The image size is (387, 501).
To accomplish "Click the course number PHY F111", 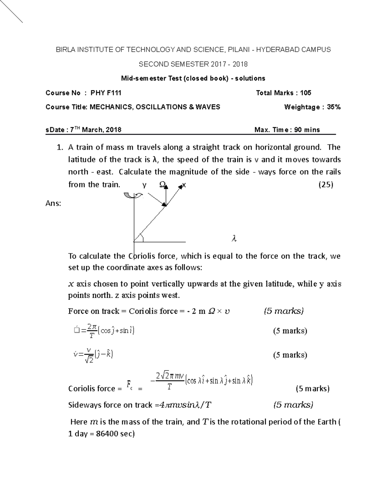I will pyautogui.click(x=106, y=93).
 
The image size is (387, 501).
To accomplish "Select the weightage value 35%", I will pyautogui.click(x=333, y=107).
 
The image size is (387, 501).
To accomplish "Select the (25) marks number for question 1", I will pyautogui.click(x=326, y=185).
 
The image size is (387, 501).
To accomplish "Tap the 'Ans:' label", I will pyautogui.click(x=53, y=204).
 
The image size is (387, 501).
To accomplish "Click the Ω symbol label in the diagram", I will pyautogui.click(x=163, y=184).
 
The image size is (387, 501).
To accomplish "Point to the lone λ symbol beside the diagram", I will pyautogui.click(x=234, y=239).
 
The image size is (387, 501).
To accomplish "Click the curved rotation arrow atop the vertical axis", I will pyautogui.click(x=133, y=195).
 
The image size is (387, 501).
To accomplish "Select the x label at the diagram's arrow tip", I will pyautogui.click(x=184, y=185).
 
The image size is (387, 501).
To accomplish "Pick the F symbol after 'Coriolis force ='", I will pyautogui.click(x=129, y=384).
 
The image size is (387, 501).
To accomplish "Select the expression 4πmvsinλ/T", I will pyautogui.click(x=183, y=405).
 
